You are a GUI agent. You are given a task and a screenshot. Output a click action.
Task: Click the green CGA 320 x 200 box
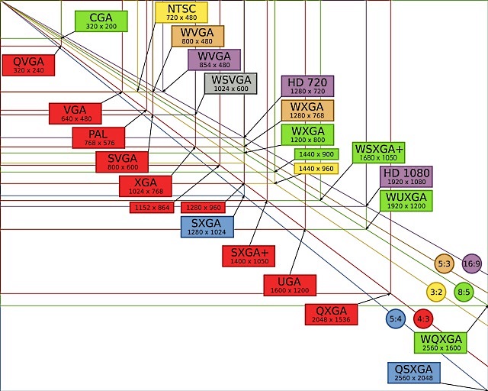[101, 21]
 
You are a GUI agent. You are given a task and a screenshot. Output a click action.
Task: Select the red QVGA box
[28, 65]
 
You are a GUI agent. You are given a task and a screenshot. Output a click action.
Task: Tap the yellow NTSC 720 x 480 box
[181, 12]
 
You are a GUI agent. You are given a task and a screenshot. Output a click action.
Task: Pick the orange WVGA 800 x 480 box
[197, 36]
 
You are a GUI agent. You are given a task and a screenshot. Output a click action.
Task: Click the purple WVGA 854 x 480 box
[214, 60]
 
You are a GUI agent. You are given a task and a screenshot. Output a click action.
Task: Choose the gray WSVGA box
[230, 83]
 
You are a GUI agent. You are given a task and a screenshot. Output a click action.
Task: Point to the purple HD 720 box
[307, 86]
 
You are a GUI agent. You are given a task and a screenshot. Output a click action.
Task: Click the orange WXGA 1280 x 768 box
[307, 111]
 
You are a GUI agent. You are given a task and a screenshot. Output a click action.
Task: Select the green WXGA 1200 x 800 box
[307, 134]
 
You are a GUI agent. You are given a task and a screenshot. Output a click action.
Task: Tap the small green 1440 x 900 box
[316, 154]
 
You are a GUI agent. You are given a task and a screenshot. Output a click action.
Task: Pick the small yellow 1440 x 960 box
[316, 169]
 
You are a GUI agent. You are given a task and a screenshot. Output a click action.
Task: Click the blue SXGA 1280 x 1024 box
[207, 227]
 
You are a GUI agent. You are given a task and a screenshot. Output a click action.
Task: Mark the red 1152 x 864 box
[152, 208]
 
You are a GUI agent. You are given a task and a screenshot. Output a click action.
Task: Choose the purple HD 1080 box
[406, 176]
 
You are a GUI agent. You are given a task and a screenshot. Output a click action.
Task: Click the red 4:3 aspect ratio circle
[423, 318]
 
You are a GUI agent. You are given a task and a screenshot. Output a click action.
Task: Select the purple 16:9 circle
[472, 263]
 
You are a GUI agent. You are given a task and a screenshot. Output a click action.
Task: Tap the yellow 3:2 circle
[436, 292]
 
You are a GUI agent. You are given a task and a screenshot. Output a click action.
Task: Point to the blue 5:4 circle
[396, 318]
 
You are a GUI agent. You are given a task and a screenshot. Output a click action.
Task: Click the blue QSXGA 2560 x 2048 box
[414, 373]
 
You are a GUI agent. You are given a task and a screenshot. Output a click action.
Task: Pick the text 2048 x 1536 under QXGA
[331, 320]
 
